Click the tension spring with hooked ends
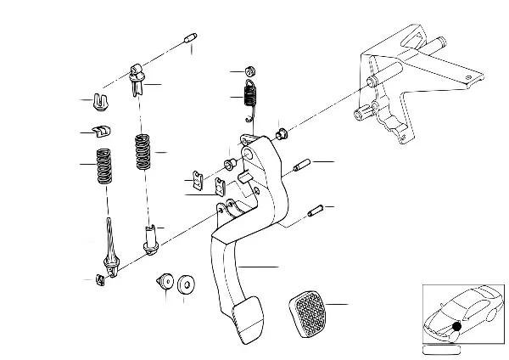tap(249, 96)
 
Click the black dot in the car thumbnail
tap(456, 326)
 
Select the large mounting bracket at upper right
tap(399, 93)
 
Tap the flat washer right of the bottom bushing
tap(185, 283)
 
